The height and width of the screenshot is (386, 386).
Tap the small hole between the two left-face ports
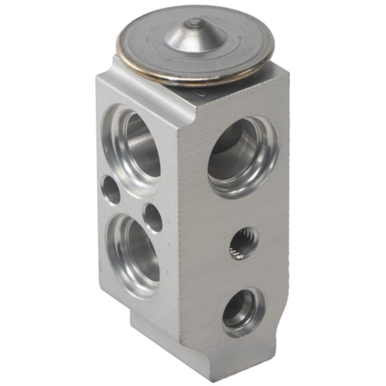pos(153,217)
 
